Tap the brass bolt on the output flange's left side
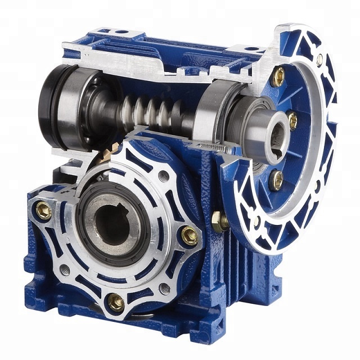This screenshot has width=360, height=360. pyautogui.click(x=43, y=211)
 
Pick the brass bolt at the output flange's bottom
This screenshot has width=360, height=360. pyautogui.click(x=116, y=303)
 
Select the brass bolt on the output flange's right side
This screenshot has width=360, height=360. pyautogui.click(x=189, y=235)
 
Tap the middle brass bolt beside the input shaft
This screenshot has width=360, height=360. pyautogui.click(x=292, y=119)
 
